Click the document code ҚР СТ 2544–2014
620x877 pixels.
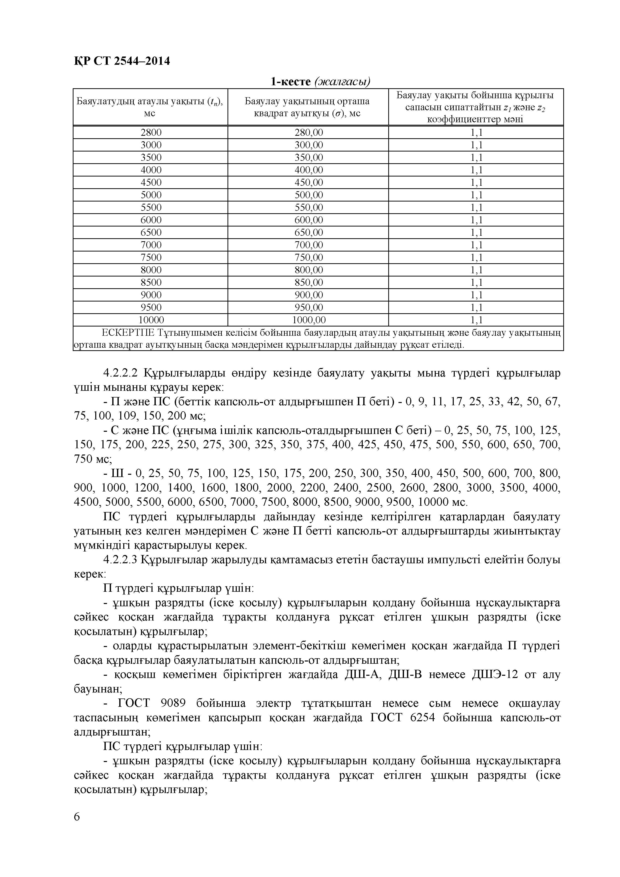122,61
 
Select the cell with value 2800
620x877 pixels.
151,132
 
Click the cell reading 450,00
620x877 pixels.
308,182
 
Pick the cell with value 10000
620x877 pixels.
151,320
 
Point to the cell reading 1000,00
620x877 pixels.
308,320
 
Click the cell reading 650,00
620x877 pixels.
308,232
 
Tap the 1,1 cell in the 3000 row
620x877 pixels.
476,145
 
